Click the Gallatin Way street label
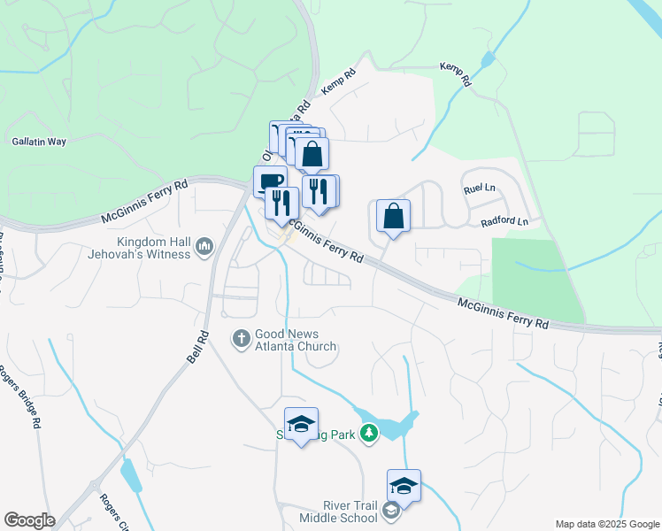(x=39, y=141)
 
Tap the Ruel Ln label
(x=479, y=188)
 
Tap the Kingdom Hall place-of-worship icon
(x=204, y=246)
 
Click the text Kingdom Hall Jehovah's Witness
(x=154, y=248)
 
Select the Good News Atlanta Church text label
(x=296, y=341)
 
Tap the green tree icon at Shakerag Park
(x=368, y=433)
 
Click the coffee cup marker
(x=270, y=181)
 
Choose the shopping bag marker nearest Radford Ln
(x=393, y=216)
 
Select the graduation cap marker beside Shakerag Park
(x=301, y=424)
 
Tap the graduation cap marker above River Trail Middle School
(x=404, y=485)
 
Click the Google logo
(x=29, y=520)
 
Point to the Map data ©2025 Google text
(x=607, y=524)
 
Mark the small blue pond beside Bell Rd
(x=130, y=476)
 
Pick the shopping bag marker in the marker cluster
(x=312, y=154)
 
